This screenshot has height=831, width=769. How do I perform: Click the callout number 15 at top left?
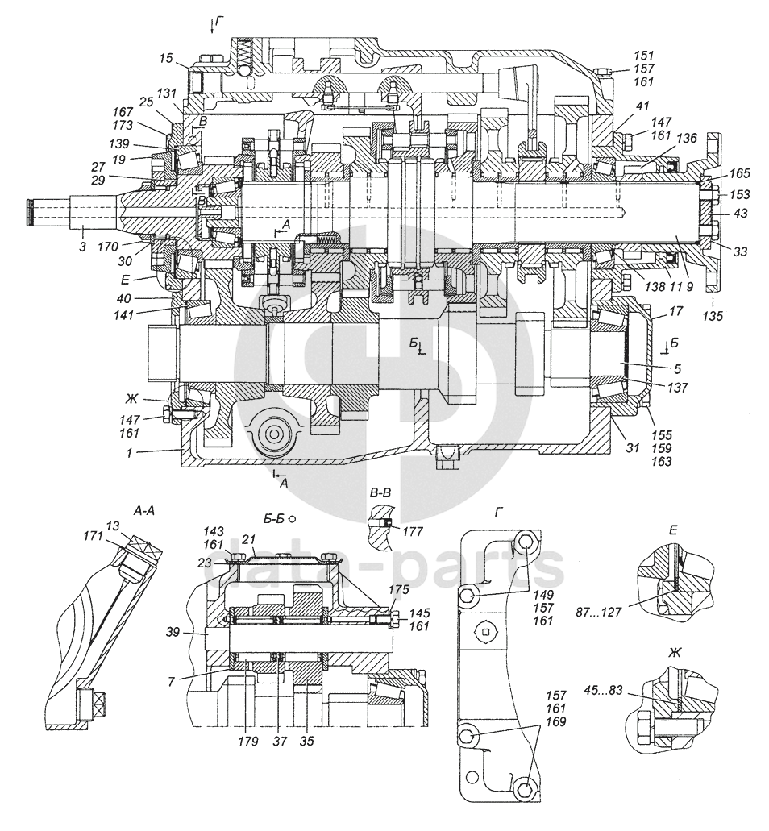coord(165,58)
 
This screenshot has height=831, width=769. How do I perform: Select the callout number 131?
coord(166,93)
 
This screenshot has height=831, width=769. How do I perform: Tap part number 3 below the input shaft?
coord(82,247)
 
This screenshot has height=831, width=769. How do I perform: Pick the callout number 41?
coord(642,106)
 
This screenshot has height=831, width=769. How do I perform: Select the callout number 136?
coord(687,139)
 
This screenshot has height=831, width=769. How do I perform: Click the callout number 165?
coord(739,173)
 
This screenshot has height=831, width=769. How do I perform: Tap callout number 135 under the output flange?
coord(713,317)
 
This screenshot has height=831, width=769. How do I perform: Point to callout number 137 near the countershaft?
coord(677,388)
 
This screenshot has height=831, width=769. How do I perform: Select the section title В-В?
coord(380,493)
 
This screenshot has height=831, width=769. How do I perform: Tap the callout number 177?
coord(413,531)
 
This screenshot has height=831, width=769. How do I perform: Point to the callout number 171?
coord(93,536)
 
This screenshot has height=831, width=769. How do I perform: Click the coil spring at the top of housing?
coord(243,52)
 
